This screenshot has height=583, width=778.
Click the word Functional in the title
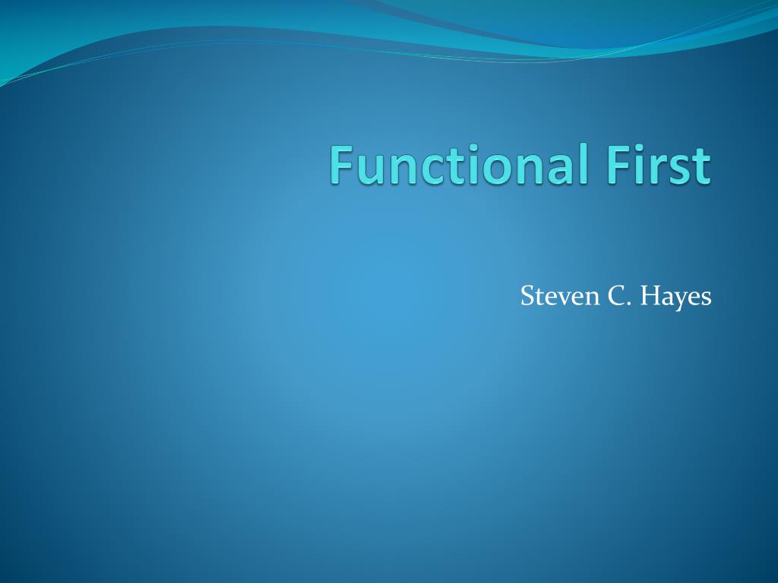tap(459, 164)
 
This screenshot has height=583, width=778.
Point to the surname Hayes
tap(675, 298)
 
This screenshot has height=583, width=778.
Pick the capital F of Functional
tap(342, 165)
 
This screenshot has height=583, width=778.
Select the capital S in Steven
tap(528, 296)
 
